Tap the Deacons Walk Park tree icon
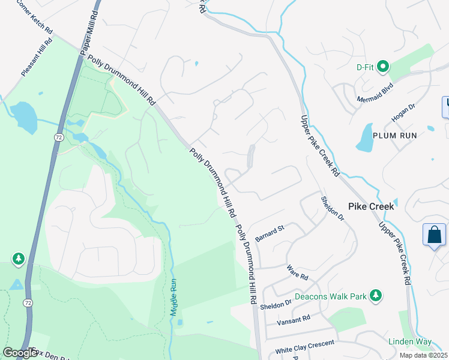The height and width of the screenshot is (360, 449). pyautogui.click(x=376, y=295)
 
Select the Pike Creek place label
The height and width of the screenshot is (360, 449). pyautogui.click(x=371, y=206)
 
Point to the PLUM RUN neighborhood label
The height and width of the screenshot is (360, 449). pyautogui.click(x=395, y=136)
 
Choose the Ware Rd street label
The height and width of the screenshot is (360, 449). pyautogui.click(x=297, y=273)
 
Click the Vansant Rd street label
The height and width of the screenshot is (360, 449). pyautogui.click(x=293, y=321)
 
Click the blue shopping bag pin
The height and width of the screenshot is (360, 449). pyautogui.click(x=434, y=235)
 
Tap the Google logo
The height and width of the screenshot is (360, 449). pyautogui.click(x=20, y=353)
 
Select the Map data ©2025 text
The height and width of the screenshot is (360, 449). pyautogui.click(x=423, y=355)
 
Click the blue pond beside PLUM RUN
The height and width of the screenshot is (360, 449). pyautogui.click(x=365, y=138)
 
